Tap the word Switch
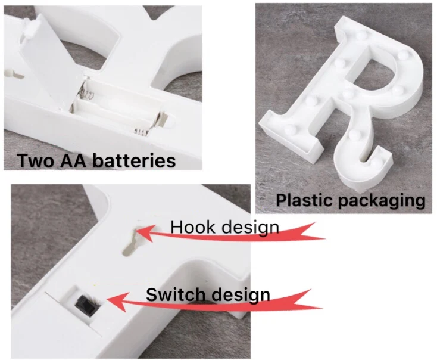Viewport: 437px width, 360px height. click(x=173, y=294)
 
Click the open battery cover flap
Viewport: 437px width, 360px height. click(x=57, y=66)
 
